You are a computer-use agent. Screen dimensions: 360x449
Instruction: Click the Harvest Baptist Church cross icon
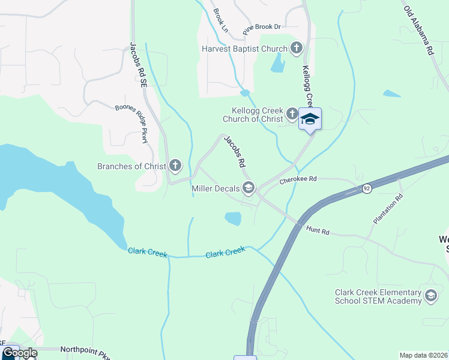tap(296, 48)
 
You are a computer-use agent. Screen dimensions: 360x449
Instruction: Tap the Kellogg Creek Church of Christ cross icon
tap(292, 113)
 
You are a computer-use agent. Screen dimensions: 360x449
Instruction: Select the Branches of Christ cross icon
tap(175, 165)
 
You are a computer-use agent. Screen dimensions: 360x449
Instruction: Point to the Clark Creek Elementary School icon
tap(430, 295)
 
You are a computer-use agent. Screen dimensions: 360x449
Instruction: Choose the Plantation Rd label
tap(388, 209)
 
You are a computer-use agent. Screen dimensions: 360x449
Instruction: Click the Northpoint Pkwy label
tap(84, 349)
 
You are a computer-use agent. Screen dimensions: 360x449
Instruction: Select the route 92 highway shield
tap(366, 188)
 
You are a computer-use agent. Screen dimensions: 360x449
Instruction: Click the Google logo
tap(20, 353)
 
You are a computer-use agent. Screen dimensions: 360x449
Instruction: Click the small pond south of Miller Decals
tap(232, 219)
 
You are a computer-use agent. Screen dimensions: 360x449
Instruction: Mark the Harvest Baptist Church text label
tap(244, 49)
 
